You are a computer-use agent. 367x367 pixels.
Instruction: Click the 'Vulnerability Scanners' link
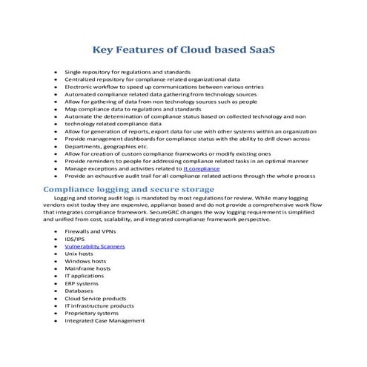click(94, 245)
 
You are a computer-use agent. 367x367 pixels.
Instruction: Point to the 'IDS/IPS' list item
click(75, 238)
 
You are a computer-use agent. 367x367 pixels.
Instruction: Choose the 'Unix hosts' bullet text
click(79, 253)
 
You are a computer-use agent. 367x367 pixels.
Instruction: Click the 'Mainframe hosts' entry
click(87, 268)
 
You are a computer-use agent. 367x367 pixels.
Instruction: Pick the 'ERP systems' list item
click(81, 283)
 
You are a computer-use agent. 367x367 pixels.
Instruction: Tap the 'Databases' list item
click(79, 291)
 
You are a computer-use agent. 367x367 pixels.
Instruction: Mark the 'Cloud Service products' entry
click(95, 298)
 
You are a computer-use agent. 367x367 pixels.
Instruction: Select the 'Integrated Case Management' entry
click(104, 320)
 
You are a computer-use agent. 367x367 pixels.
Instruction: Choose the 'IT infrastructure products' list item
click(99, 305)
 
